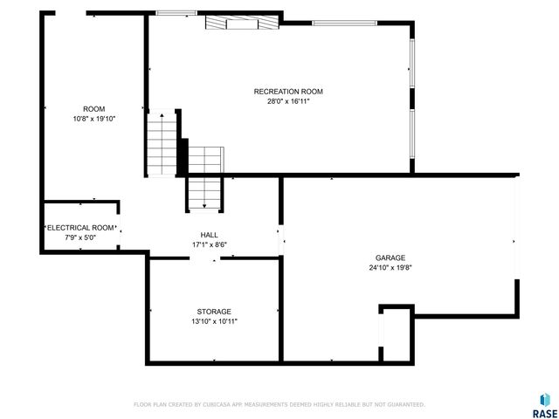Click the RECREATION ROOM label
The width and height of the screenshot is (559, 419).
pyautogui.click(x=288, y=92)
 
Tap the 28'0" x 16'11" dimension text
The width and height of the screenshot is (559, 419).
pyautogui.click(x=288, y=101)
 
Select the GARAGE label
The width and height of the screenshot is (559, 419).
pyautogui.click(x=390, y=258)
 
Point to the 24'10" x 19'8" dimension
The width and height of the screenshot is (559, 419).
pyautogui.click(x=390, y=268)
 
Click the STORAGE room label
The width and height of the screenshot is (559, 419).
pyautogui.click(x=213, y=312)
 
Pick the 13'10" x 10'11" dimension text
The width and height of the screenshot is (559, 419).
pyautogui.click(x=213, y=321)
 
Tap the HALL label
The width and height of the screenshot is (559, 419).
pyautogui.click(x=210, y=235)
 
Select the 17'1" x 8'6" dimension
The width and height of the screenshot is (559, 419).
pyautogui.click(x=210, y=244)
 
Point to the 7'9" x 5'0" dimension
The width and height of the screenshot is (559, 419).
pyautogui.click(x=79, y=237)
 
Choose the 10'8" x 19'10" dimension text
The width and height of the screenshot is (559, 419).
pyautogui.click(x=93, y=119)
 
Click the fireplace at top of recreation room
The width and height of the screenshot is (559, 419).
pyautogui.click(x=242, y=24)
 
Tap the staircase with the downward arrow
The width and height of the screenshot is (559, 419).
pyautogui.click(x=204, y=193)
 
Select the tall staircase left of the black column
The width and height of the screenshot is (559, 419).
pyautogui.click(x=162, y=145)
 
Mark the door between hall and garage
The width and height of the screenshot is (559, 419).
pyautogui.click(x=279, y=240)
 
